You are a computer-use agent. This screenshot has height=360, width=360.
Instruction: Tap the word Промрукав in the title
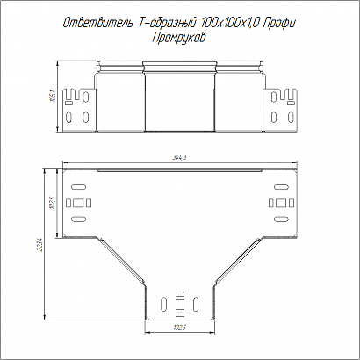coord(179,38)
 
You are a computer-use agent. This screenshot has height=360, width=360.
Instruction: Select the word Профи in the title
coord(278,24)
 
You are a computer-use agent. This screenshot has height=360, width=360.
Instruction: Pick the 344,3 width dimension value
coord(179,157)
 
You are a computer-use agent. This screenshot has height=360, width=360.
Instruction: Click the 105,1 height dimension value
coord(53,96)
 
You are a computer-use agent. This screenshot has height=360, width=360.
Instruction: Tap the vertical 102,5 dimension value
coord(53,203)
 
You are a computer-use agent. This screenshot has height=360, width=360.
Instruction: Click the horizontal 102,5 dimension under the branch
coord(179,328)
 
